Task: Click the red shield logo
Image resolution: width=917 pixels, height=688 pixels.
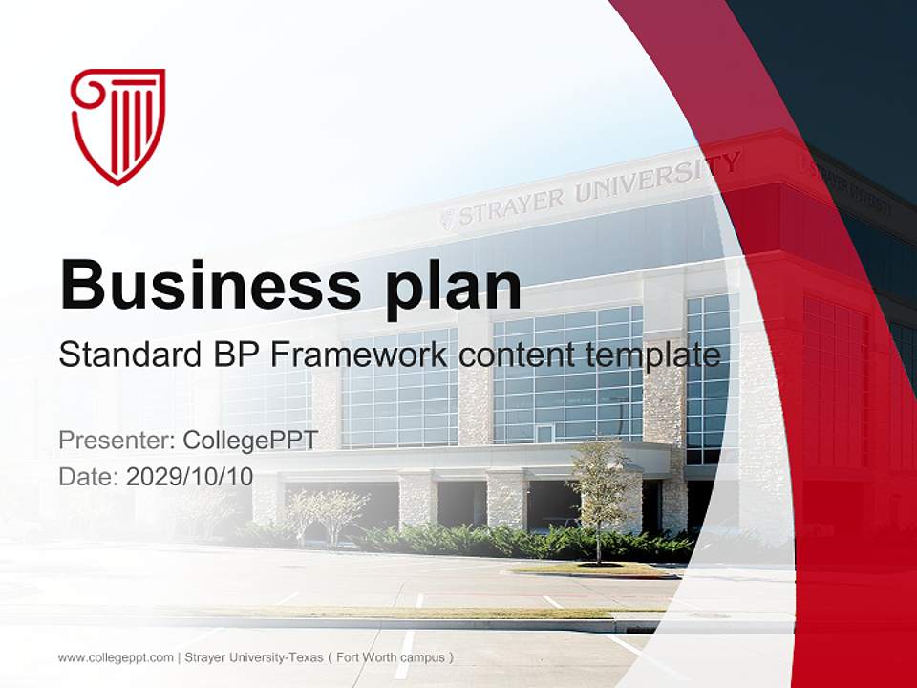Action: [117, 125]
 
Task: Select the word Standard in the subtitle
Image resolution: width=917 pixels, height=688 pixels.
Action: [123, 355]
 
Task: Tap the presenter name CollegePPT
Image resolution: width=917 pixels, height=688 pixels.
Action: [250, 441]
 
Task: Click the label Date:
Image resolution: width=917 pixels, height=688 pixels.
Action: [89, 477]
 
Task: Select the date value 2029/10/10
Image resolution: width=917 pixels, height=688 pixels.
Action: [189, 477]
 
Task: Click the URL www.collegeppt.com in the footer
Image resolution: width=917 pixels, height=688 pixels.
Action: [115, 657]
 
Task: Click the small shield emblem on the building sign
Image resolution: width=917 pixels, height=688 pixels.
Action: [447, 220]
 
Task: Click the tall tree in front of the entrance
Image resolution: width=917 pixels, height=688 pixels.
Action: [600, 487]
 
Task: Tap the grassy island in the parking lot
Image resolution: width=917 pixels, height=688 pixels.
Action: [592, 570]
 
